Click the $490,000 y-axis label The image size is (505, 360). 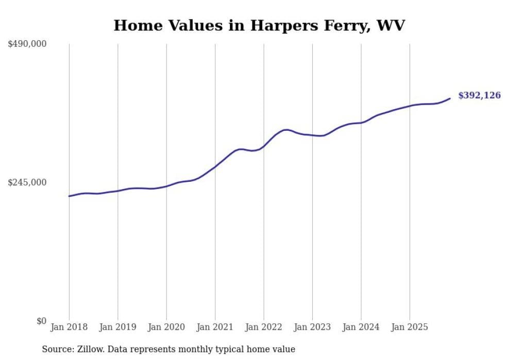27,44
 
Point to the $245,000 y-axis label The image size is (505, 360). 27,182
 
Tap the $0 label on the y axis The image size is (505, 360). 41,321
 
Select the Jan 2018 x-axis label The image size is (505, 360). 69,327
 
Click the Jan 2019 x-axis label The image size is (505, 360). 118,327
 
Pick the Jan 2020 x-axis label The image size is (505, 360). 166,327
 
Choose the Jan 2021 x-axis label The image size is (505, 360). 215,327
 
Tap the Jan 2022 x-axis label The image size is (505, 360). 264,327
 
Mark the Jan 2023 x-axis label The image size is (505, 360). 312,327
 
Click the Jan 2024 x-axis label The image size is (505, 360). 361,327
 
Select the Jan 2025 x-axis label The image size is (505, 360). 410,327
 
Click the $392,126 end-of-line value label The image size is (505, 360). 479,95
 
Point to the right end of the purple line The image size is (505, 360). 450,98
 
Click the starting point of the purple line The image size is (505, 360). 69,196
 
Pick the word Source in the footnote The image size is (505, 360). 56,349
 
